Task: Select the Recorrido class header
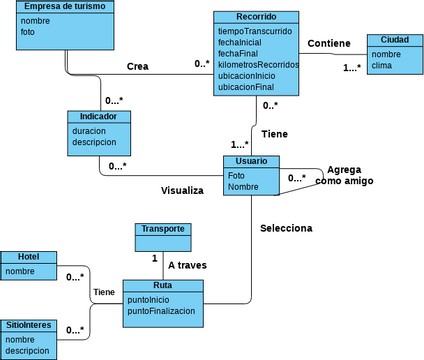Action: [257, 17]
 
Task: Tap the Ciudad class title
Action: [394, 40]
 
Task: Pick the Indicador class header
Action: [99, 116]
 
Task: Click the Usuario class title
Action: [251, 161]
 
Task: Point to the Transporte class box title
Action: [162, 228]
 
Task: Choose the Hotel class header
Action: [29, 257]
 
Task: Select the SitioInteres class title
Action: [29, 326]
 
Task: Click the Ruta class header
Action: [163, 286]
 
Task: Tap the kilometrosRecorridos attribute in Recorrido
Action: [258, 65]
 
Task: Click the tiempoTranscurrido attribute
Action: [256, 32]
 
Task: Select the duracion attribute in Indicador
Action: [91, 131]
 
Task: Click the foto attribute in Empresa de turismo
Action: [29, 32]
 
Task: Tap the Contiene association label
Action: [329, 43]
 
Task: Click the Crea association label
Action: [137, 66]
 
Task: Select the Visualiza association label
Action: [182, 190]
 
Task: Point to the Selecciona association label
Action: [286, 228]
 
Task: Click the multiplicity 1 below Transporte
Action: [155, 258]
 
